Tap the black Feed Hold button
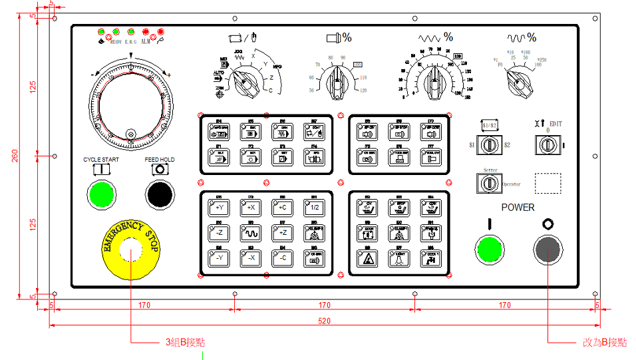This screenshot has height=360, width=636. [160, 194]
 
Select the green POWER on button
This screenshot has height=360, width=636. [489, 250]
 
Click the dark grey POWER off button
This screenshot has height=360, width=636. [548, 250]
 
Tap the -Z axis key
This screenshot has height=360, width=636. [219, 233]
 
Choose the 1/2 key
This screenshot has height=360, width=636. [315, 208]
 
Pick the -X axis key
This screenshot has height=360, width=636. [251, 258]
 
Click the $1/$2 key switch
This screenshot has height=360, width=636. [490, 144]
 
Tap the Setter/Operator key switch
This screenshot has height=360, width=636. [490, 183]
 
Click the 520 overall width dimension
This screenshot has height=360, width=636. [324, 321]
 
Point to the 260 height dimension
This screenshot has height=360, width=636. [15, 156]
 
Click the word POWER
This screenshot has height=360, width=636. [518, 208]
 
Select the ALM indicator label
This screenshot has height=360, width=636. [145, 41]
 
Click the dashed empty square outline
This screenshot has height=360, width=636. [548, 183]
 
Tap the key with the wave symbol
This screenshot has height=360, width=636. [251, 233]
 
